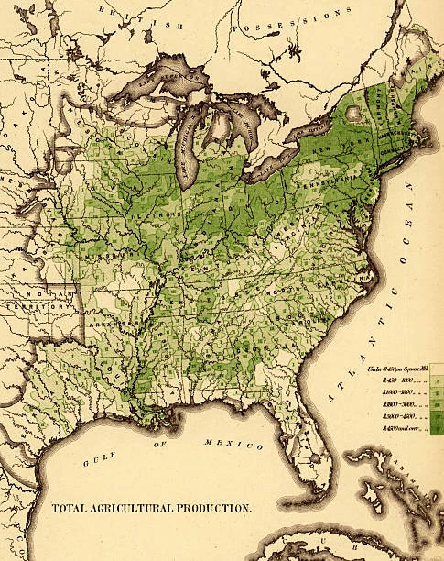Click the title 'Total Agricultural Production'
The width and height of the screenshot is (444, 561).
pos(150,507)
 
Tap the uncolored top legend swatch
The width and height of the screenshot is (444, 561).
pos(436,368)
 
